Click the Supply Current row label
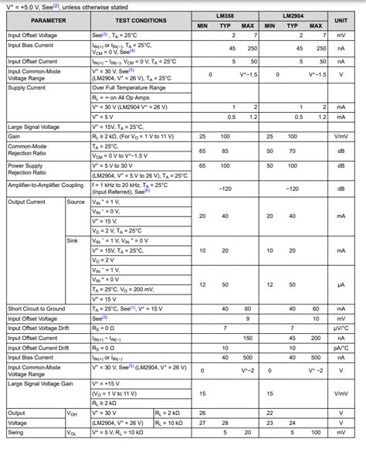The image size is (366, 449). coord(28,88)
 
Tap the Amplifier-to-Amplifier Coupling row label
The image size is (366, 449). coord(44,186)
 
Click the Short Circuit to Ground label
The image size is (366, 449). coord(38,308)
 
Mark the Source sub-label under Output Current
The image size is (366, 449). coord(76,202)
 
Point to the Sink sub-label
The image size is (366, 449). coord(73,240)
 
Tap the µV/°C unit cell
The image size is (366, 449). coord(341,328)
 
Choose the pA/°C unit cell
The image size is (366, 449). coord(341,348)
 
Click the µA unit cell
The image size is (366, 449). coord(341,284)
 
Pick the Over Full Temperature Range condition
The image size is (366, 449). coord(129,88)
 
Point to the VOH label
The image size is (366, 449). coord(73,413)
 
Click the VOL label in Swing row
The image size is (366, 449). coord(73,433)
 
